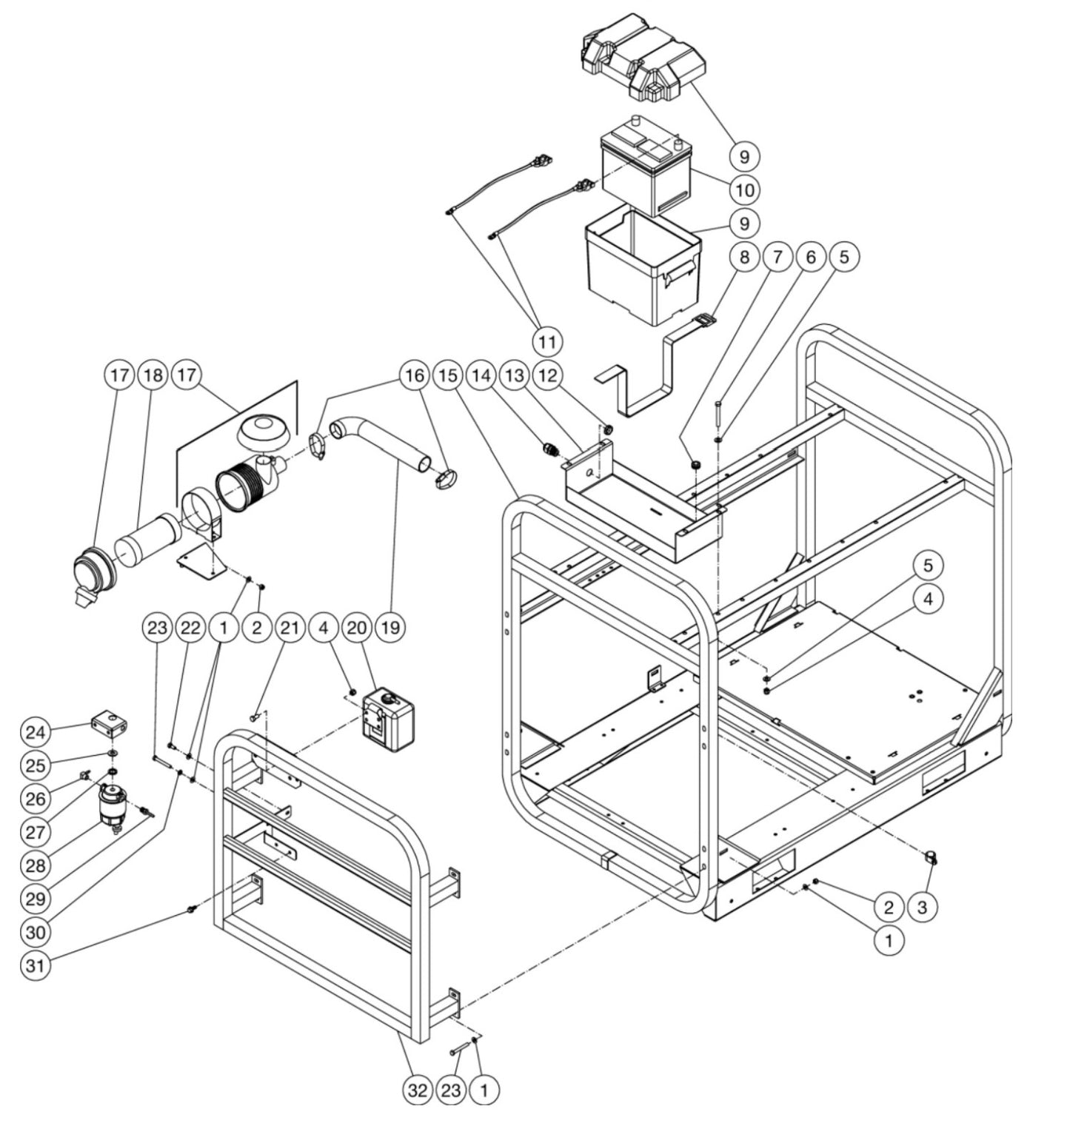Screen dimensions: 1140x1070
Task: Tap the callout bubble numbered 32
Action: (x=418, y=1090)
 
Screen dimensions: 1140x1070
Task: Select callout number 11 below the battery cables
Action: (x=546, y=341)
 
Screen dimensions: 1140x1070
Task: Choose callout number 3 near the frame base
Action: (x=922, y=907)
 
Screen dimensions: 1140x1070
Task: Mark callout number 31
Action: (x=36, y=966)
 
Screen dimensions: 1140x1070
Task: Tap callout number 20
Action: (x=357, y=628)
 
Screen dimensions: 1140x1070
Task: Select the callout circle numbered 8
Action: (x=743, y=257)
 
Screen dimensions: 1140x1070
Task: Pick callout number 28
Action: (x=36, y=865)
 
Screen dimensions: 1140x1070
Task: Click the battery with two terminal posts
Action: (x=644, y=167)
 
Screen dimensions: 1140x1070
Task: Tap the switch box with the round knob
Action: (x=387, y=714)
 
